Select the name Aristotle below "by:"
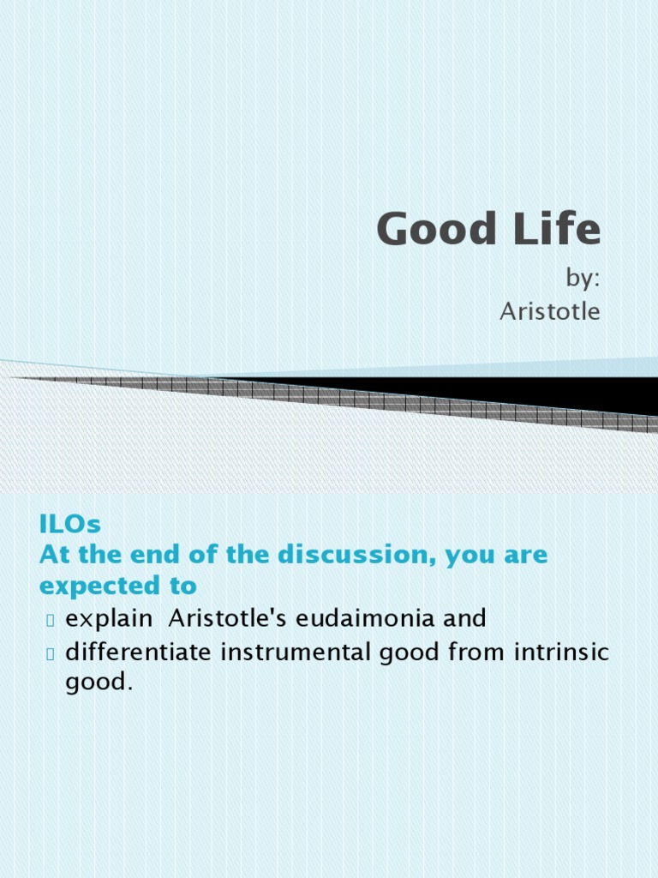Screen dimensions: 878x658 [549, 311]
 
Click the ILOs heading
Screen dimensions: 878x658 [70, 523]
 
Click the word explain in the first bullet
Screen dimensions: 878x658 [109, 618]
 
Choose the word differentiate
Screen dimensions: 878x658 [139, 652]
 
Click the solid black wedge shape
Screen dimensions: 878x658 [531, 393]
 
